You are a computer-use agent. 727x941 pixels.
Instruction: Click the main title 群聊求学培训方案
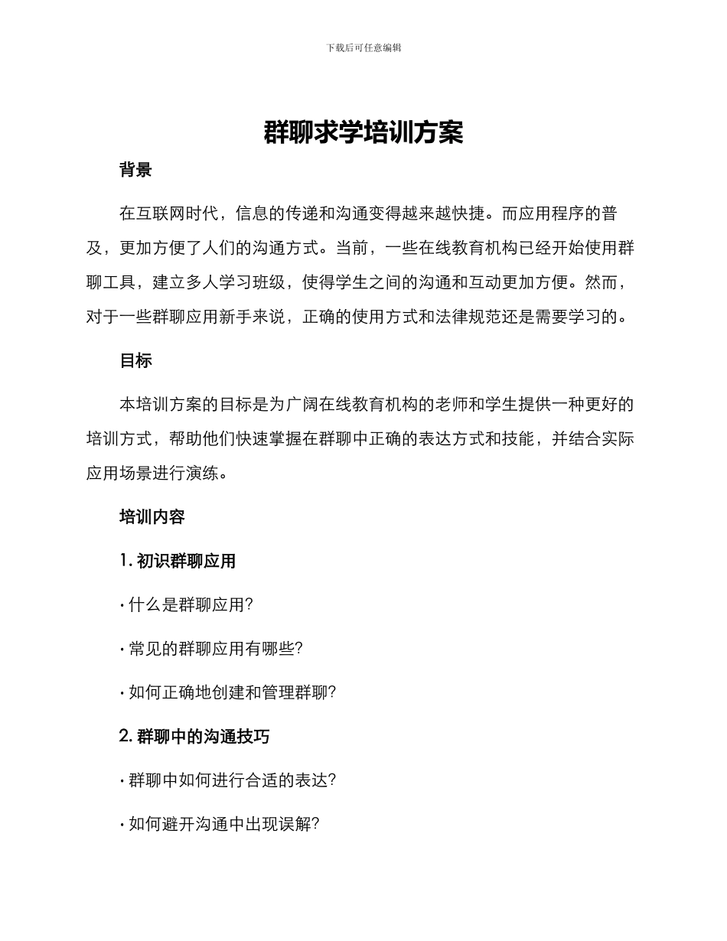[363, 132]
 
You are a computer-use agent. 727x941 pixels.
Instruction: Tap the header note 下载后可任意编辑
[363, 47]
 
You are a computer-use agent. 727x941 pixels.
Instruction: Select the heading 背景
[135, 171]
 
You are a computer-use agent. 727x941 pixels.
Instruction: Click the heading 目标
[135, 361]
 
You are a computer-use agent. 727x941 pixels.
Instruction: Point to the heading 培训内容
[152, 517]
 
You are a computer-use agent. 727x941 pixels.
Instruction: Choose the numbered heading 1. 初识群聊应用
[178, 562]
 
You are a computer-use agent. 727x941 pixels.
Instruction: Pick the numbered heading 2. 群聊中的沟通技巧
[194, 737]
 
